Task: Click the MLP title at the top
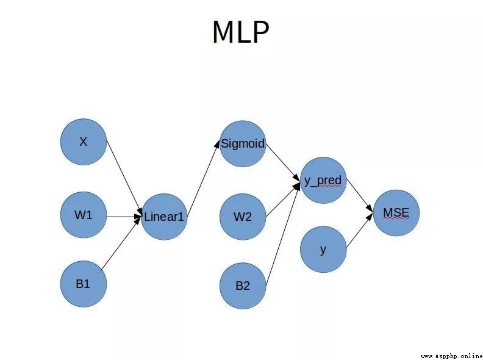click(x=241, y=32)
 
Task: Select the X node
click(x=84, y=142)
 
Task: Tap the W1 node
click(x=84, y=215)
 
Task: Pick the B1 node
click(x=84, y=284)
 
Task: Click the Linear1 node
click(x=164, y=217)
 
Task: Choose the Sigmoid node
click(x=243, y=143)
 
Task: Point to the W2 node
click(x=243, y=217)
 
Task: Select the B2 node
click(x=243, y=286)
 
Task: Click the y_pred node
click(x=323, y=181)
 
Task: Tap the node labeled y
click(x=323, y=250)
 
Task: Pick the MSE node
click(x=396, y=213)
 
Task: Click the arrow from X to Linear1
click(x=124, y=177)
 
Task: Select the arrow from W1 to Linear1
click(x=124, y=217)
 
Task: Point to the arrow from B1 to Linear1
click(x=121, y=242)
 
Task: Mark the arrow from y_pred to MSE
click(x=360, y=195)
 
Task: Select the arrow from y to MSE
click(x=360, y=230)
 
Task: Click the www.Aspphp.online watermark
click(x=451, y=356)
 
